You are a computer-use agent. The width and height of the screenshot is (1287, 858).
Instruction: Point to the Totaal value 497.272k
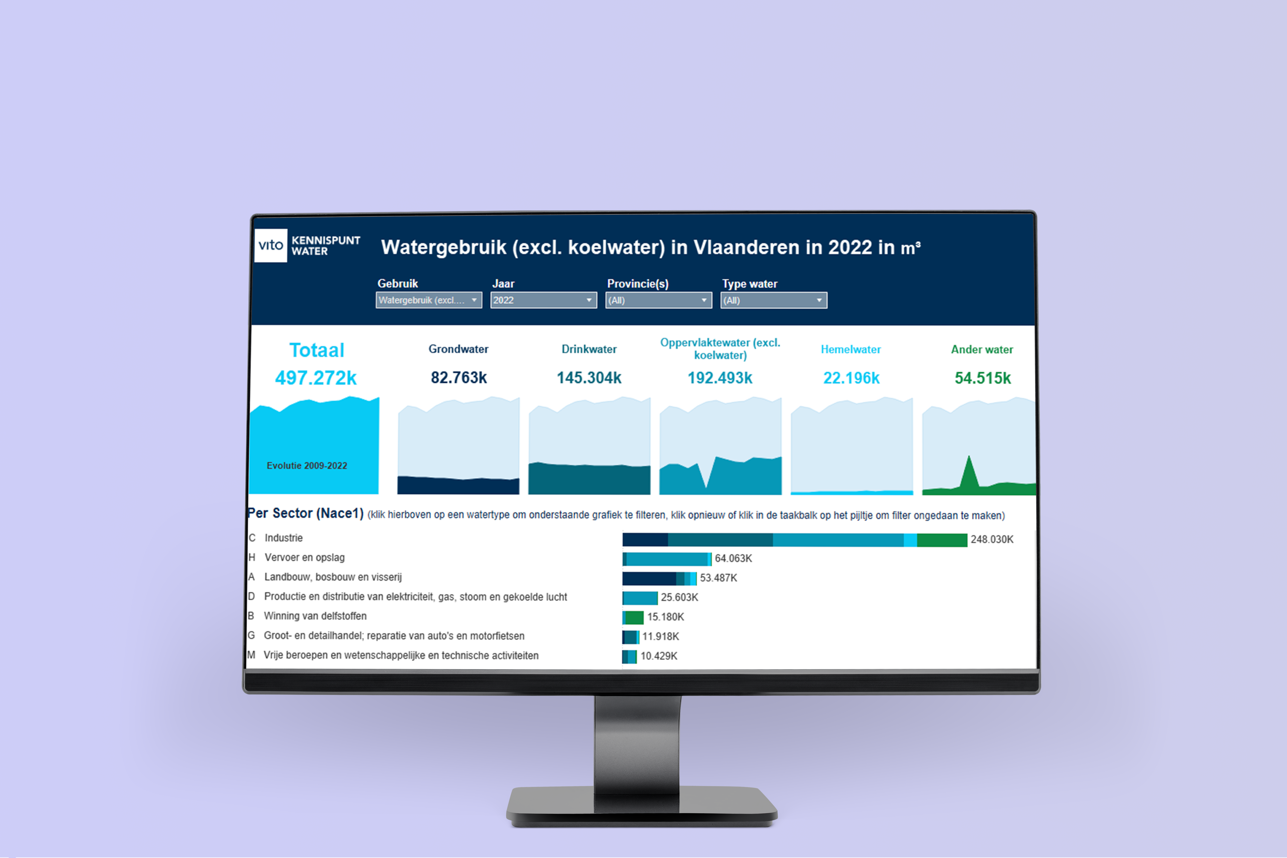316,378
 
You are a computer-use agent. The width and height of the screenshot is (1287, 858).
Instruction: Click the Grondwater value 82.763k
458,378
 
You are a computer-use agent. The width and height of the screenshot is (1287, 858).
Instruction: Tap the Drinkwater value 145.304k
589,378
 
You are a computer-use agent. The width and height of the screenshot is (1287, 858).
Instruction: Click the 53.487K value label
718,578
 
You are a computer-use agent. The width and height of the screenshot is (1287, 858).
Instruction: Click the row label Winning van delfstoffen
315,616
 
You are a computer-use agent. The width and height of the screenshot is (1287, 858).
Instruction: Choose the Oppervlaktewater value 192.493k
720,378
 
